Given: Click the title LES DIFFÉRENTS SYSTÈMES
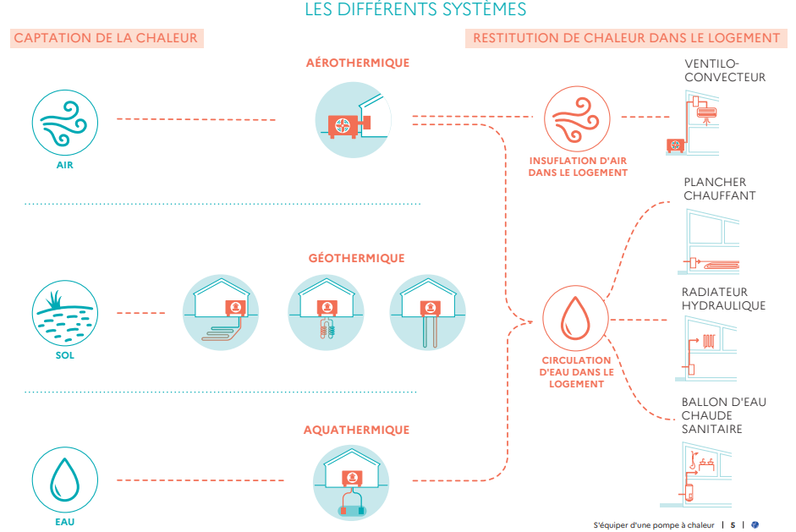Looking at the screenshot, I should (x=414, y=9).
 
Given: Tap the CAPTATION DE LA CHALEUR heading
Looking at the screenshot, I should (x=106, y=37).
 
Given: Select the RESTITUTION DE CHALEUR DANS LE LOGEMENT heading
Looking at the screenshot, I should (x=626, y=37).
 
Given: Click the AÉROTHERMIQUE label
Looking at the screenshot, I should (x=358, y=63).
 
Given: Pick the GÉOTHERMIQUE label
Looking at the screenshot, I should (x=356, y=258).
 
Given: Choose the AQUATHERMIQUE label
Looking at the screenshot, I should (x=356, y=430).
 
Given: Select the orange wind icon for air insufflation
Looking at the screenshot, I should (x=578, y=119).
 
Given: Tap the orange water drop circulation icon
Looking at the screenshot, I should (x=575, y=321).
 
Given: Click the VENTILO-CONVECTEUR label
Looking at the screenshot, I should (x=725, y=70).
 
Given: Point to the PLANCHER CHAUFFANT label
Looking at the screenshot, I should (x=720, y=189).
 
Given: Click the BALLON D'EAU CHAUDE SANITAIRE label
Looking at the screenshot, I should (x=724, y=415).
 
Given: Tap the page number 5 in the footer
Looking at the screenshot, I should (x=733, y=524).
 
